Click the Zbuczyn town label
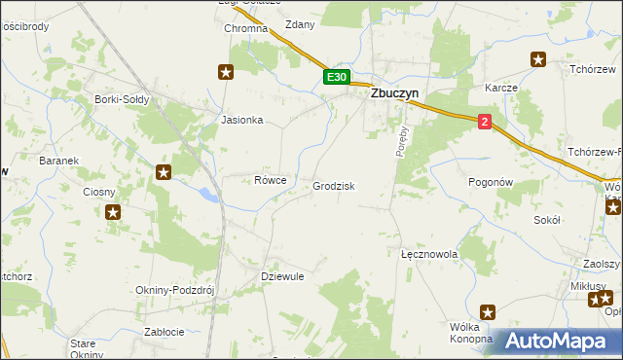pos(392,96)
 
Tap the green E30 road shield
pos(336,77)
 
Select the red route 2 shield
pos(485,122)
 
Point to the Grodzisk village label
pos(334,186)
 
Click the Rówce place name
pos(270,180)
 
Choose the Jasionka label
pos(242,121)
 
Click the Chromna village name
pos(245,29)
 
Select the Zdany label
pos(300,25)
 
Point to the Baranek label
pos(57,160)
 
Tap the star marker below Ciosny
pos(113,212)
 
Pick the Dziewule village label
pos(283,276)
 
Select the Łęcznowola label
pos(429,254)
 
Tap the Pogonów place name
pos(490,182)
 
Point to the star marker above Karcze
pos(537,60)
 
